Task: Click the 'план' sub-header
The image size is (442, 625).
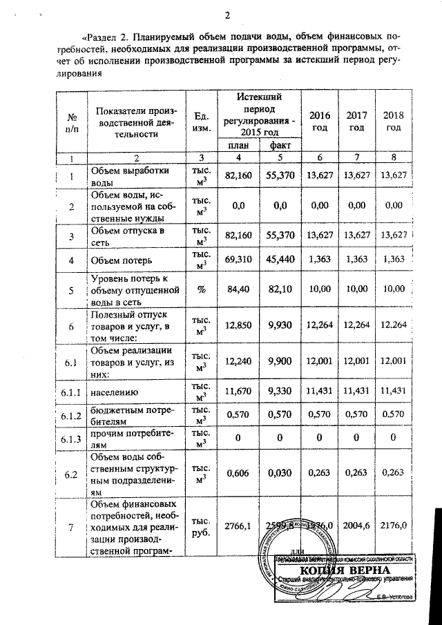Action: coord(238,146)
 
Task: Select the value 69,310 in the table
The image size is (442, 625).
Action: coord(238,260)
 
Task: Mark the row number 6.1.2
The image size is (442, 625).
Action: coord(70,416)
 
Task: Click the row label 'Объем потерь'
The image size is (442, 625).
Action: coord(121,261)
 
